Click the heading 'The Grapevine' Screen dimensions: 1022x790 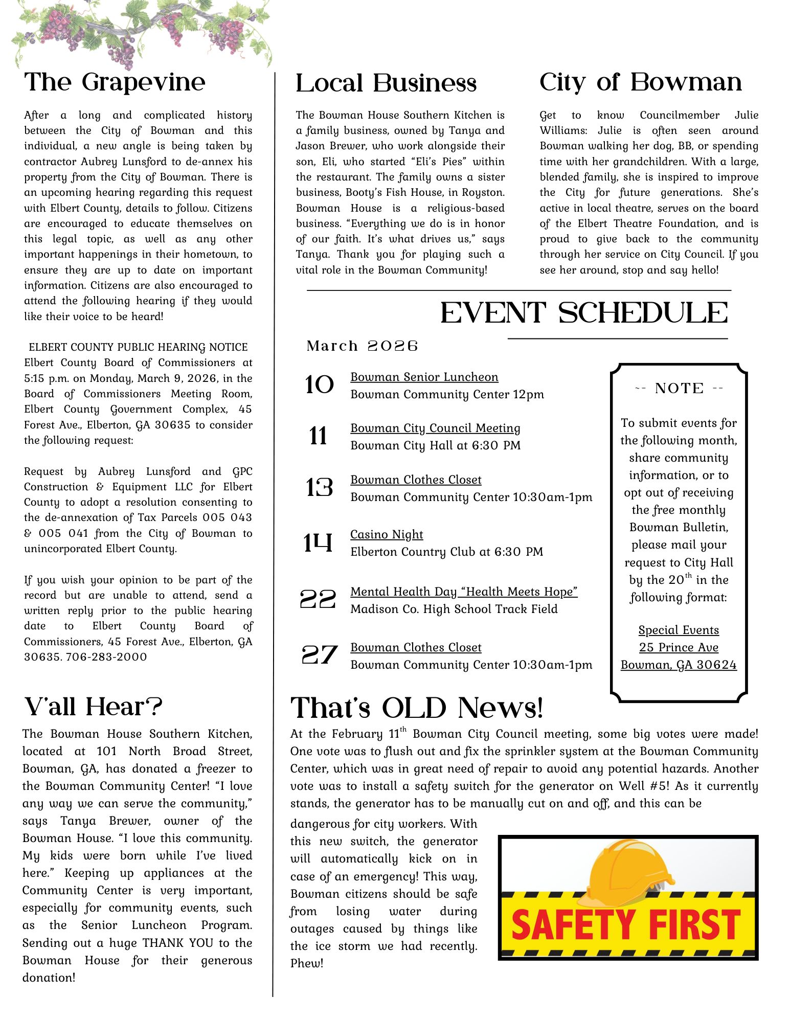[x=115, y=82]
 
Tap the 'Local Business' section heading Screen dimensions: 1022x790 [x=386, y=83]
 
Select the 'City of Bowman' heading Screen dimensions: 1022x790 [x=641, y=82]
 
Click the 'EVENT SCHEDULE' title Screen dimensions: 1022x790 [x=584, y=313]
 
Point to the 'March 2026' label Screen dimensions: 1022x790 [x=362, y=346]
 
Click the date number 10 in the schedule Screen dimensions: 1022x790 [x=319, y=385]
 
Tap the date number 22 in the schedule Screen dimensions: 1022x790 [x=318, y=599]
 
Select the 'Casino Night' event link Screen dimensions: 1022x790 [x=387, y=534]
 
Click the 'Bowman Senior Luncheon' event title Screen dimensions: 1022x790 [x=424, y=377]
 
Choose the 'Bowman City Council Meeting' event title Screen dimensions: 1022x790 [x=435, y=428]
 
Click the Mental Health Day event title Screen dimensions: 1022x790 [x=464, y=592]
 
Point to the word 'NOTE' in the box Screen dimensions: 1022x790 [x=679, y=388]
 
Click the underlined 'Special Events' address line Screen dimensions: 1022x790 [x=679, y=630]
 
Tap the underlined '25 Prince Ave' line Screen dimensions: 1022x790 [x=679, y=647]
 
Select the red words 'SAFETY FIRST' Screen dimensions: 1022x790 [x=626, y=925]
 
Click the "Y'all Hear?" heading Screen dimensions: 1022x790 [x=93, y=707]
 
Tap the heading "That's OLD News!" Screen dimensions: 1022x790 [x=416, y=708]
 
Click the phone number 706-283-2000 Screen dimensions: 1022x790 [x=106, y=657]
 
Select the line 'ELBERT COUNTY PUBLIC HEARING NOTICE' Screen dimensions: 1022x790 [x=138, y=347]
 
